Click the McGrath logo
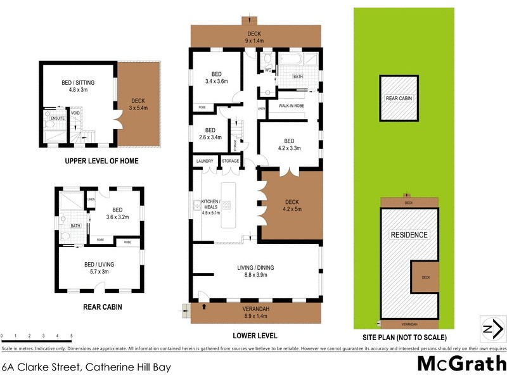click(461, 364)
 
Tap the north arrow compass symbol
click(492, 328)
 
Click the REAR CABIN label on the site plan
click(399, 98)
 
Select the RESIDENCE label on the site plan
click(409, 235)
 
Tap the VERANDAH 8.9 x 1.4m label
click(257, 312)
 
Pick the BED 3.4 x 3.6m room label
click(216, 77)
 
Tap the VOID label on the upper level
click(75, 115)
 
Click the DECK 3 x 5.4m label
click(138, 104)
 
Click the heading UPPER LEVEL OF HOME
click(101, 161)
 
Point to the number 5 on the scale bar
click(71, 336)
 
